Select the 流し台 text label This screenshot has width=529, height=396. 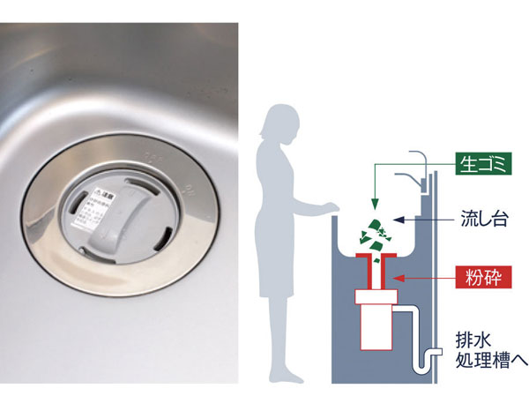[x=483, y=219]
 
